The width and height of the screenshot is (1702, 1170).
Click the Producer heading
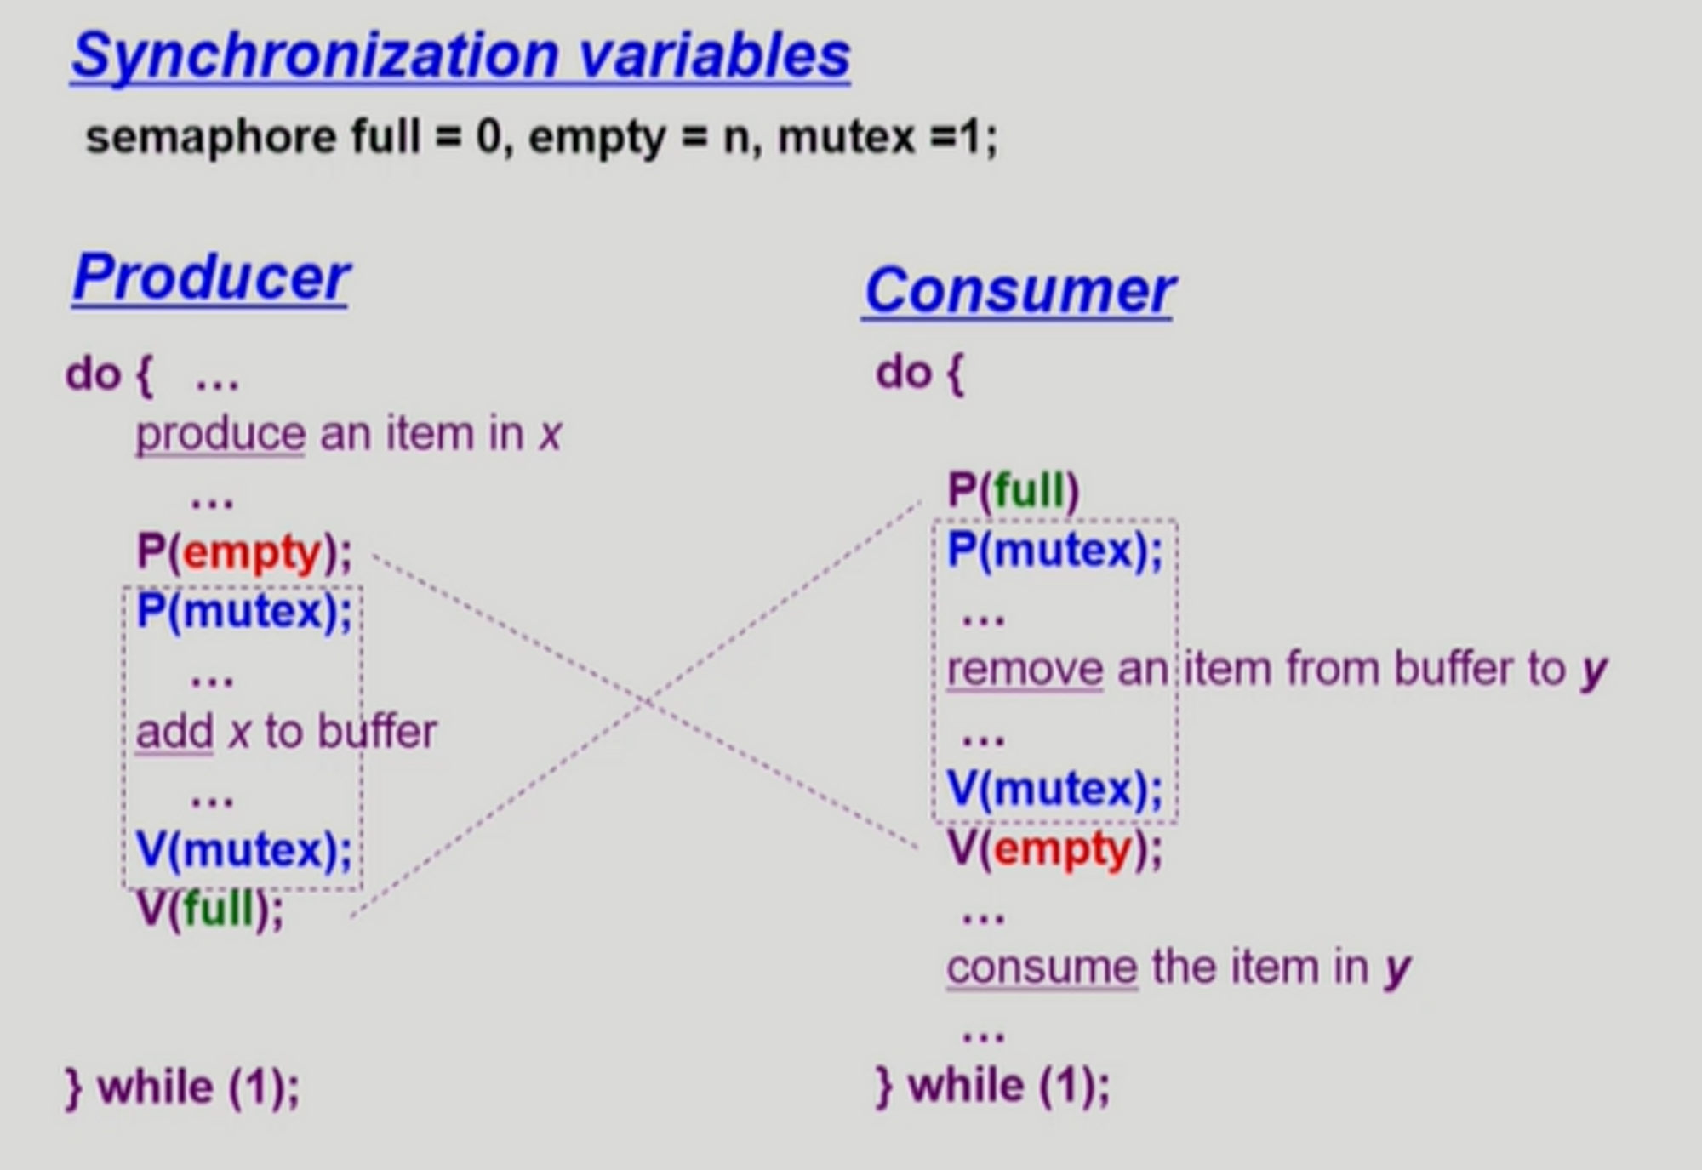tap(211, 277)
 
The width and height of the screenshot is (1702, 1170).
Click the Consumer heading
tap(1019, 291)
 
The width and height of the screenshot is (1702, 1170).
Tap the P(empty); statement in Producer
tap(244, 553)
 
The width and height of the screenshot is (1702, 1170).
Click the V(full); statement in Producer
tap(209, 909)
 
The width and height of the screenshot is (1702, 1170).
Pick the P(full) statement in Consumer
tap(1013, 491)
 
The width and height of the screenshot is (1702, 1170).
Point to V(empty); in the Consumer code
tap(1054, 849)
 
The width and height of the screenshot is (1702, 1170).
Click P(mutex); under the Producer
tap(244, 611)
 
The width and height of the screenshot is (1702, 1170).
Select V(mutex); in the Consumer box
tap(1054, 788)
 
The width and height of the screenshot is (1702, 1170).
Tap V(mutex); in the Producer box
tap(244, 849)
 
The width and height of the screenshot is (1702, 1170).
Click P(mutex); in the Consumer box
tap(1054, 550)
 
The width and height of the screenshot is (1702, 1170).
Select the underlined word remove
tap(1025, 669)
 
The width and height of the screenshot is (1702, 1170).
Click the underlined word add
tap(174, 732)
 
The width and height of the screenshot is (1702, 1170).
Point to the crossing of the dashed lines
tap(647, 702)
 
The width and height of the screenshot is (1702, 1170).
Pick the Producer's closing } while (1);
tap(183, 1087)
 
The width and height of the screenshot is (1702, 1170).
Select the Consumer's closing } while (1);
tap(993, 1086)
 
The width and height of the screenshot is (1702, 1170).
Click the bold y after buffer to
tap(1593, 672)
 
